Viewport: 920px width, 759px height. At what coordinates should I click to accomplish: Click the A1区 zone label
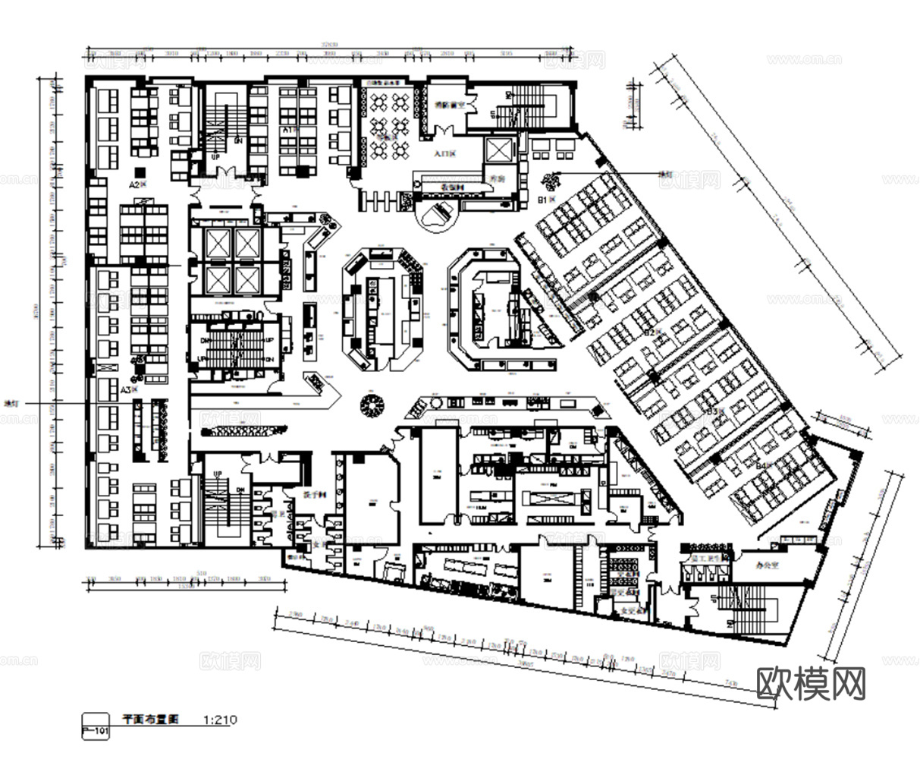(x=289, y=130)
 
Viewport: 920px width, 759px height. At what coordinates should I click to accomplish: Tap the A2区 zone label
(x=137, y=184)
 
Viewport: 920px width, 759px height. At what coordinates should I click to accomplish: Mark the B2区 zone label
(x=651, y=332)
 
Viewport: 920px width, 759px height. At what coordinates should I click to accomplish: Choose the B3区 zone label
(x=713, y=411)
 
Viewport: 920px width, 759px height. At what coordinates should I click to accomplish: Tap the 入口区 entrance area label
(x=444, y=154)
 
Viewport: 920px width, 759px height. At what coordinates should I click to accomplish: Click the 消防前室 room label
(x=447, y=106)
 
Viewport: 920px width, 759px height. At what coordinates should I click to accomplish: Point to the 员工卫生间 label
(x=705, y=559)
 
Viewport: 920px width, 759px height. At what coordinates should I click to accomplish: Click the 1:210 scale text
(x=221, y=718)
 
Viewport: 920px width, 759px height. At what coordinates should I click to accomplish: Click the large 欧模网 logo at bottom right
(x=811, y=685)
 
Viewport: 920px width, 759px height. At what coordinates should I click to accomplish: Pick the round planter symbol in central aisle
(x=373, y=405)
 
